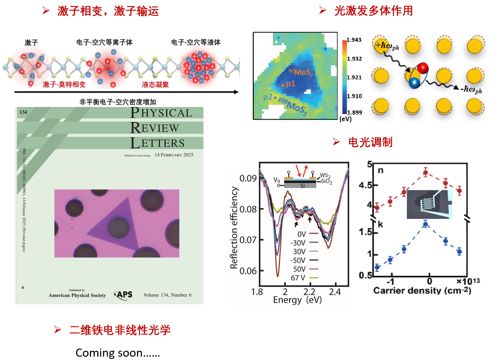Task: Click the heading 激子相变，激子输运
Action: [x=108, y=11]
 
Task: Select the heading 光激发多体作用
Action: [x=373, y=11]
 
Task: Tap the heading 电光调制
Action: [x=370, y=142]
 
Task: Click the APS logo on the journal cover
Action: [x=124, y=295]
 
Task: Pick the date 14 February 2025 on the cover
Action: [x=174, y=155]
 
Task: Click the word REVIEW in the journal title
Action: [x=155, y=128]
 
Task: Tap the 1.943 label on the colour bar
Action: [x=354, y=40]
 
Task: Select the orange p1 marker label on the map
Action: [x=290, y=84]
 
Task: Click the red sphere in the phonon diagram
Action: [x=423, y=68]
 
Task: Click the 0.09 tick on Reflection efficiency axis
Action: [x=248, y=179]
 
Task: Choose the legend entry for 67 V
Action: [x=299, y=278]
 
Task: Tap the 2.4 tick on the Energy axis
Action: [x=335, y=292]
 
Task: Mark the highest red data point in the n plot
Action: [x=426, y=172]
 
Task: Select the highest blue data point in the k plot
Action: [x=426, y=224]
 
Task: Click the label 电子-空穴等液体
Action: [x=196, y=42]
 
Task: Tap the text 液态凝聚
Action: [x=155, y=85]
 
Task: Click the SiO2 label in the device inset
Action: [x=327, y=181]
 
